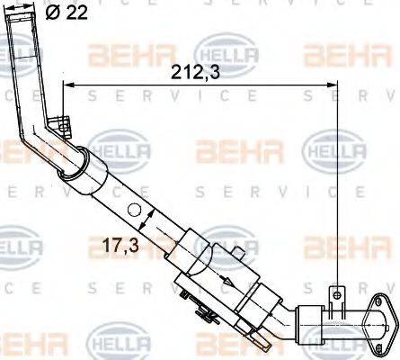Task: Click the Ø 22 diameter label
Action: click(67, 13)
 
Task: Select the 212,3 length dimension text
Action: click(195, 73)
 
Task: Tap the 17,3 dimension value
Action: click(120, 245)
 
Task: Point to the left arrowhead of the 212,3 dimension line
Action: click(68, 85)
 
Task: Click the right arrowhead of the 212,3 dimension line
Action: click(332, 85)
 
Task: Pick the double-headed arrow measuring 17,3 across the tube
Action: click(147, 220)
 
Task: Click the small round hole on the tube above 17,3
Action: click(134, 210)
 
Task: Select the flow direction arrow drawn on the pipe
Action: click(226, 279)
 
